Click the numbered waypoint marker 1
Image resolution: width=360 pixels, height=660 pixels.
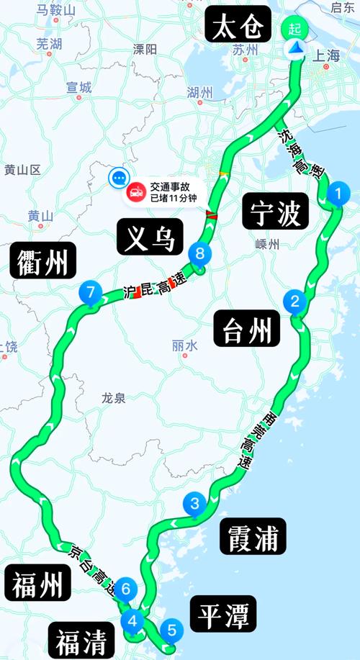(336, 193)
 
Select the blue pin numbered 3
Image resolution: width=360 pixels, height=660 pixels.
(194, 504)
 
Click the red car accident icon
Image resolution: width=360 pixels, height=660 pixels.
(135, 191)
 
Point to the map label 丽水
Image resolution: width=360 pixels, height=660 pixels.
(184, 345)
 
